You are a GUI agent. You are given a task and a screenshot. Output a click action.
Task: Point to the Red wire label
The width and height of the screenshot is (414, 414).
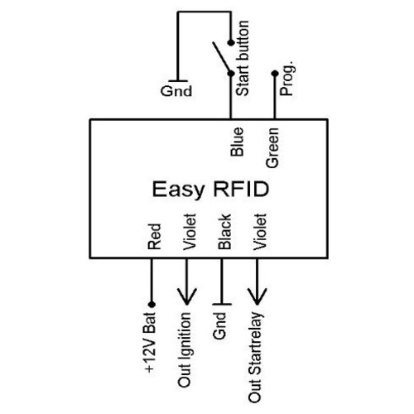[153, 238]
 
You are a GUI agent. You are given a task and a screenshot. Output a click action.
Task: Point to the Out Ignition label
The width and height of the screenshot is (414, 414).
[188, 347]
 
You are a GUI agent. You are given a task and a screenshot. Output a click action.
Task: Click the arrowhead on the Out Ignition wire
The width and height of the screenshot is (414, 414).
[187, 297]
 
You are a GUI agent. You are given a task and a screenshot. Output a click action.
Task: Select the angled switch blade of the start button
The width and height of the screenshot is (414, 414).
[222, 57]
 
